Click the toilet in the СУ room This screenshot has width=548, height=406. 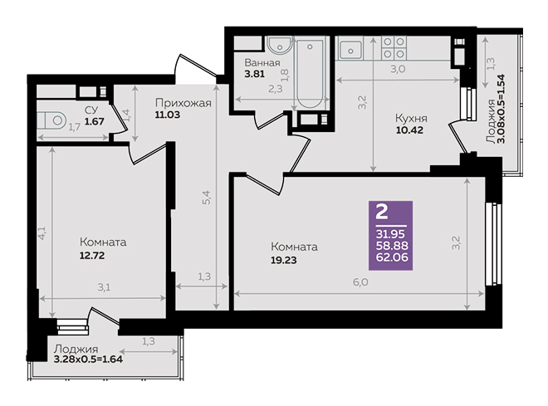[51, 120]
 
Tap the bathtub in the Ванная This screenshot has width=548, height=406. [310, 73]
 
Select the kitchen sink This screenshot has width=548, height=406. [350, 51]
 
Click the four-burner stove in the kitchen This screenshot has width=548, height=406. [394, 48]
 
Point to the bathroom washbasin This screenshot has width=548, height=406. [279, 46]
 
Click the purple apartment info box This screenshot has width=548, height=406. [391, 236]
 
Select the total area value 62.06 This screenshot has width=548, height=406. [392, 257]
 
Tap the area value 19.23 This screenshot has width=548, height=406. [284, 261]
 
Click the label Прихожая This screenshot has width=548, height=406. [183, 103]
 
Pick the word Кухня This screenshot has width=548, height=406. [411, 118]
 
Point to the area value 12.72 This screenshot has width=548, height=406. [92, 256]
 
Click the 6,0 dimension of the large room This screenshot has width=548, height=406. [360, 281]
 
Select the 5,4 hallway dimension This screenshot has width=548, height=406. [207, 197]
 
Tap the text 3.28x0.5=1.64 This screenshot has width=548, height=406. [88, 360]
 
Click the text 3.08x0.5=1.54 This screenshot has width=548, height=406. [502, 109]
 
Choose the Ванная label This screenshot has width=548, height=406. [262, 63]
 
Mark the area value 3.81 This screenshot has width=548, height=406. [254, 74]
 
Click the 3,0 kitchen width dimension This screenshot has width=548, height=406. [398, 69]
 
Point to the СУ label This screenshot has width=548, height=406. [91, 110]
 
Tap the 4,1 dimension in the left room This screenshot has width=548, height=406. [42, 232]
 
